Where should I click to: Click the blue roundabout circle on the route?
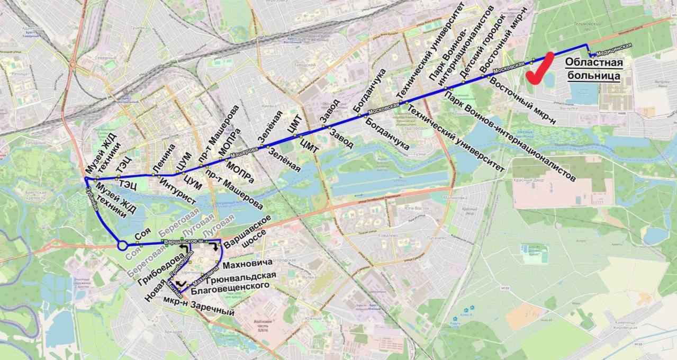click(122, 245)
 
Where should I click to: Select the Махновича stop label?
click(248, 263)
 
